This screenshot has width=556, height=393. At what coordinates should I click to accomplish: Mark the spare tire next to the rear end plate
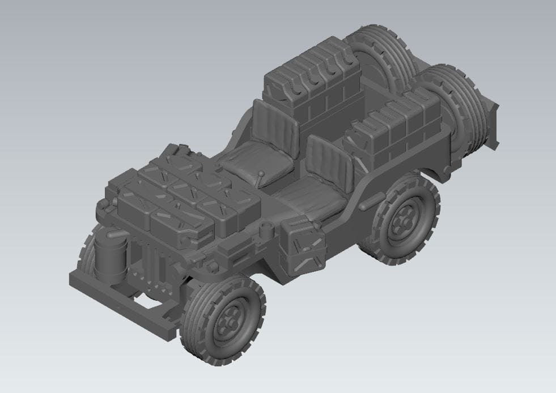coord(459,108)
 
